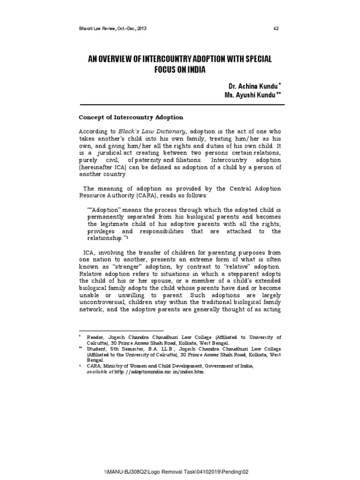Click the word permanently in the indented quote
109,218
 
